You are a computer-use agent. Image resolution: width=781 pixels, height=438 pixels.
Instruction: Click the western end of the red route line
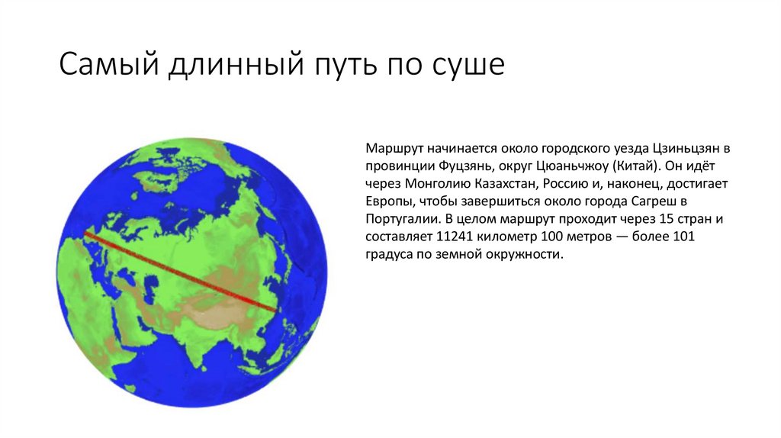coord(85,233)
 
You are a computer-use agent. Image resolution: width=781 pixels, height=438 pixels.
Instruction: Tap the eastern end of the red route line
coord(276,308)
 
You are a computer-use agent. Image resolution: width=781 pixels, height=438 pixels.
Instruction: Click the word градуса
coord(388,256)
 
